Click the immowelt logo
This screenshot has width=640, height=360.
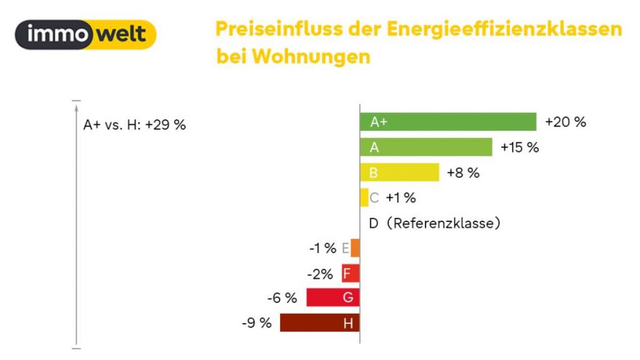coord(86,34)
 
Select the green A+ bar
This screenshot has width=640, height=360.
coord(447,122)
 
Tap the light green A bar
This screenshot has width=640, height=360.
coord(426,147)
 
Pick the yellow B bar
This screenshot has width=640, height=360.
coord(399,172)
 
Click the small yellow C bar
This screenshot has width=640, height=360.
coord(364,197)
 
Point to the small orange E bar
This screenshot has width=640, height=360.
coord(355,248)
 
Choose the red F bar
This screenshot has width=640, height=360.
coord(350,273)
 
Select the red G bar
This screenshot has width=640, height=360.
coord(332,298)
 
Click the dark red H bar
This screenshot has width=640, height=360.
coord(319,323)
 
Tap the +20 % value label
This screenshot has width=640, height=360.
coord(566,122)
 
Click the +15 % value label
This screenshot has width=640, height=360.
coord(519,147)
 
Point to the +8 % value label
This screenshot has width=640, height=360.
coord(463,173)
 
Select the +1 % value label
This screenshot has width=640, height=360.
coord(401,198)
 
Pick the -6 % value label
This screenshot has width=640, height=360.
coord(282,299)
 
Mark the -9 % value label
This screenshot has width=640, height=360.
coord(256,324)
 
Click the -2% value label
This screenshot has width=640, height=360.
coord(319,274)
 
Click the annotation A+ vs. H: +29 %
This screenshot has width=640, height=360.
coord(134,124)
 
